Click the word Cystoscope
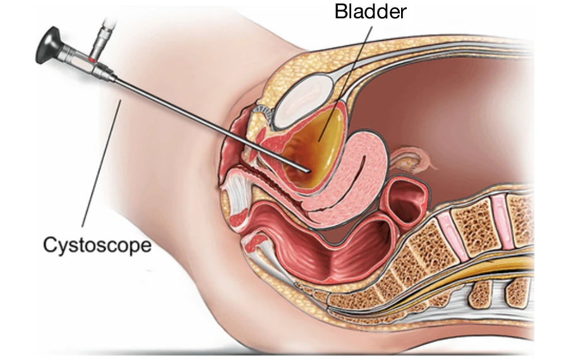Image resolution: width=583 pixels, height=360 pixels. pos(97,244)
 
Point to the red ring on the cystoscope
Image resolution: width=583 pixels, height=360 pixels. pos(93,59)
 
